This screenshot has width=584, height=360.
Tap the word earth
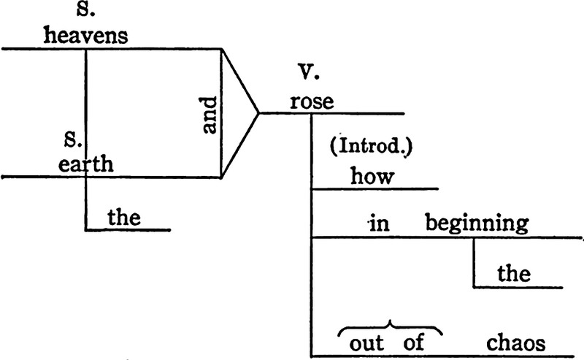tap(87, 164)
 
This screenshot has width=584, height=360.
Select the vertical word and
tap(210, 116)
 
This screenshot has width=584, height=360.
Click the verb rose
tap(311, 102)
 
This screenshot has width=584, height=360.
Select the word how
tap(372, 176)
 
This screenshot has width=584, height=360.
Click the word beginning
tap(477, 224)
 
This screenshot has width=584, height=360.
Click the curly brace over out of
tap(391, 326)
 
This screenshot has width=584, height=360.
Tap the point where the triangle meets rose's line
tap(259, 113)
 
